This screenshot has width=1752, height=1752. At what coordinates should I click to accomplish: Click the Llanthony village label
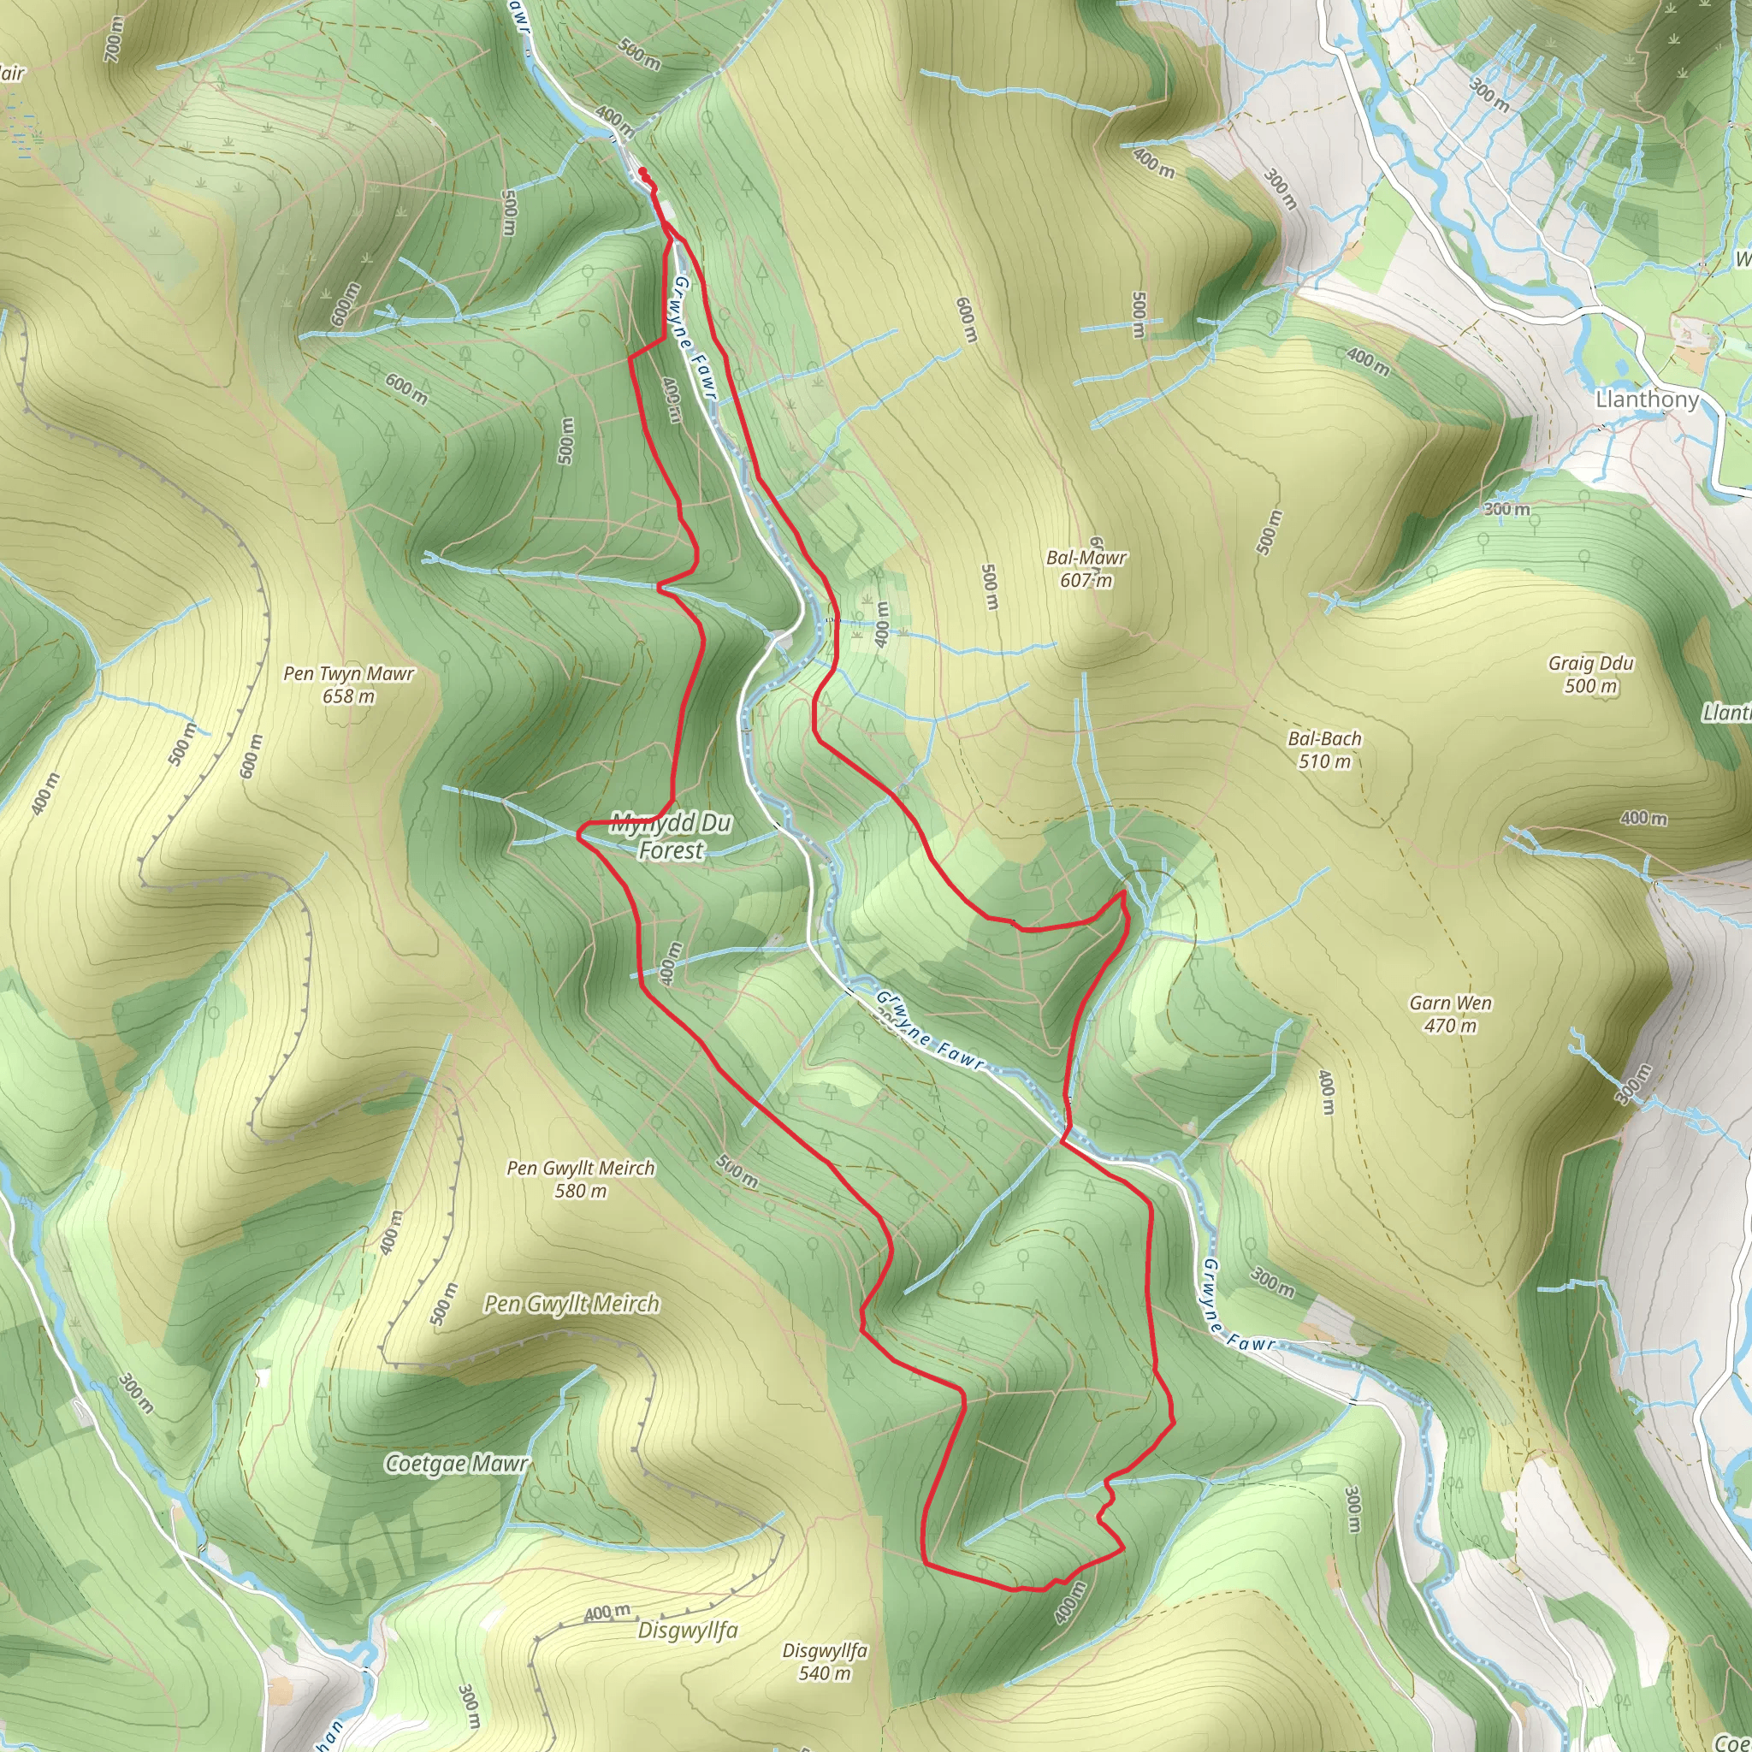(1646, 399)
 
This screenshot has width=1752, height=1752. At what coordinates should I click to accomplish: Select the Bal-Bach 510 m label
(1325, 750)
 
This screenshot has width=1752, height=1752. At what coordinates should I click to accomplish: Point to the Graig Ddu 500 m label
(1590, 674)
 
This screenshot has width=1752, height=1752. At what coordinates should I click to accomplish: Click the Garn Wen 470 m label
(1450, 1014)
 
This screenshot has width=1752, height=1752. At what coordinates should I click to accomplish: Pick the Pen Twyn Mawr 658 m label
(348, 684)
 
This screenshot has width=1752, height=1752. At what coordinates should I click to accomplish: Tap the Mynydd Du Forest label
(671, 836)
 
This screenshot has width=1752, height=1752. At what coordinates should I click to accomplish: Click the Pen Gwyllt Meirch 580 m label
(580, 1179)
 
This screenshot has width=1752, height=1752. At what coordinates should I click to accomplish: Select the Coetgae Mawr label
(456, 1464)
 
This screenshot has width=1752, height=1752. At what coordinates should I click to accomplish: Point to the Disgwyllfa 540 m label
(825, 1661)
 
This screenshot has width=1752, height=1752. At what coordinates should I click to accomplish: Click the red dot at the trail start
(642, 171)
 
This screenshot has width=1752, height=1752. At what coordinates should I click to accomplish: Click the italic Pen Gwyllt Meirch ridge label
(571, 1304)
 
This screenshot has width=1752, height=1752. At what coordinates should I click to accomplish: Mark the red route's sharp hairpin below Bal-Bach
(1123, 894)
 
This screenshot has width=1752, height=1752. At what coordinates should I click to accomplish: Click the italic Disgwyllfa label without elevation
(688, 1631)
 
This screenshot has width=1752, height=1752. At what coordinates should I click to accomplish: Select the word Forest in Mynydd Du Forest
(671, 850)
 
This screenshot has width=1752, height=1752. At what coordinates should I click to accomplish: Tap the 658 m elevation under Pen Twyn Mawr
(348, 696)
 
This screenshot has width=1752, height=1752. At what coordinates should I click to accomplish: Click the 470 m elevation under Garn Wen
(1450, 1026)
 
